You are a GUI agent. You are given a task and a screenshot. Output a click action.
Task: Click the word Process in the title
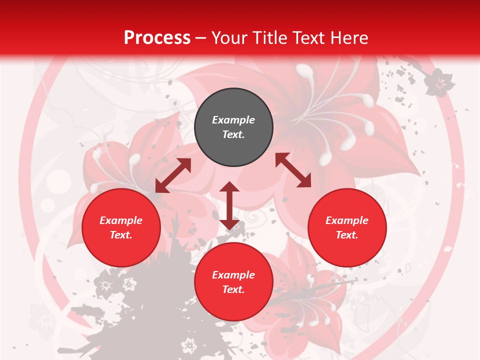click(157, 38)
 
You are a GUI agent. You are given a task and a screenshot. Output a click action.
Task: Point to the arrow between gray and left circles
click(173, 175)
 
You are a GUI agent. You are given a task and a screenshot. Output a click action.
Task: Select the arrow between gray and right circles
click(293, 170)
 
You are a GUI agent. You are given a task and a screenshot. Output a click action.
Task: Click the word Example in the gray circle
click(233, 120)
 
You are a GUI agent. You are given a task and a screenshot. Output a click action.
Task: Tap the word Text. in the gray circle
click(233, 134)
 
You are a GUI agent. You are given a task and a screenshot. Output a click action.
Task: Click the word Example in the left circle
click(121, 220)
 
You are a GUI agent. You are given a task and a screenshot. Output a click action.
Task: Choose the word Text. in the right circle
click(347, 235)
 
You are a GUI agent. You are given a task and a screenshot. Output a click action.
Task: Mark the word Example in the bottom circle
click(233, 275)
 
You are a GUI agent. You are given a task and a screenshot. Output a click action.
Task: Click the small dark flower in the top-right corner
click(439, 82)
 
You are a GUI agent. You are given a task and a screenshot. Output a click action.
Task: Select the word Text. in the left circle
click(121, 235)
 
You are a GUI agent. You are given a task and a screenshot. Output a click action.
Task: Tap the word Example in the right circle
click(347, 220)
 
